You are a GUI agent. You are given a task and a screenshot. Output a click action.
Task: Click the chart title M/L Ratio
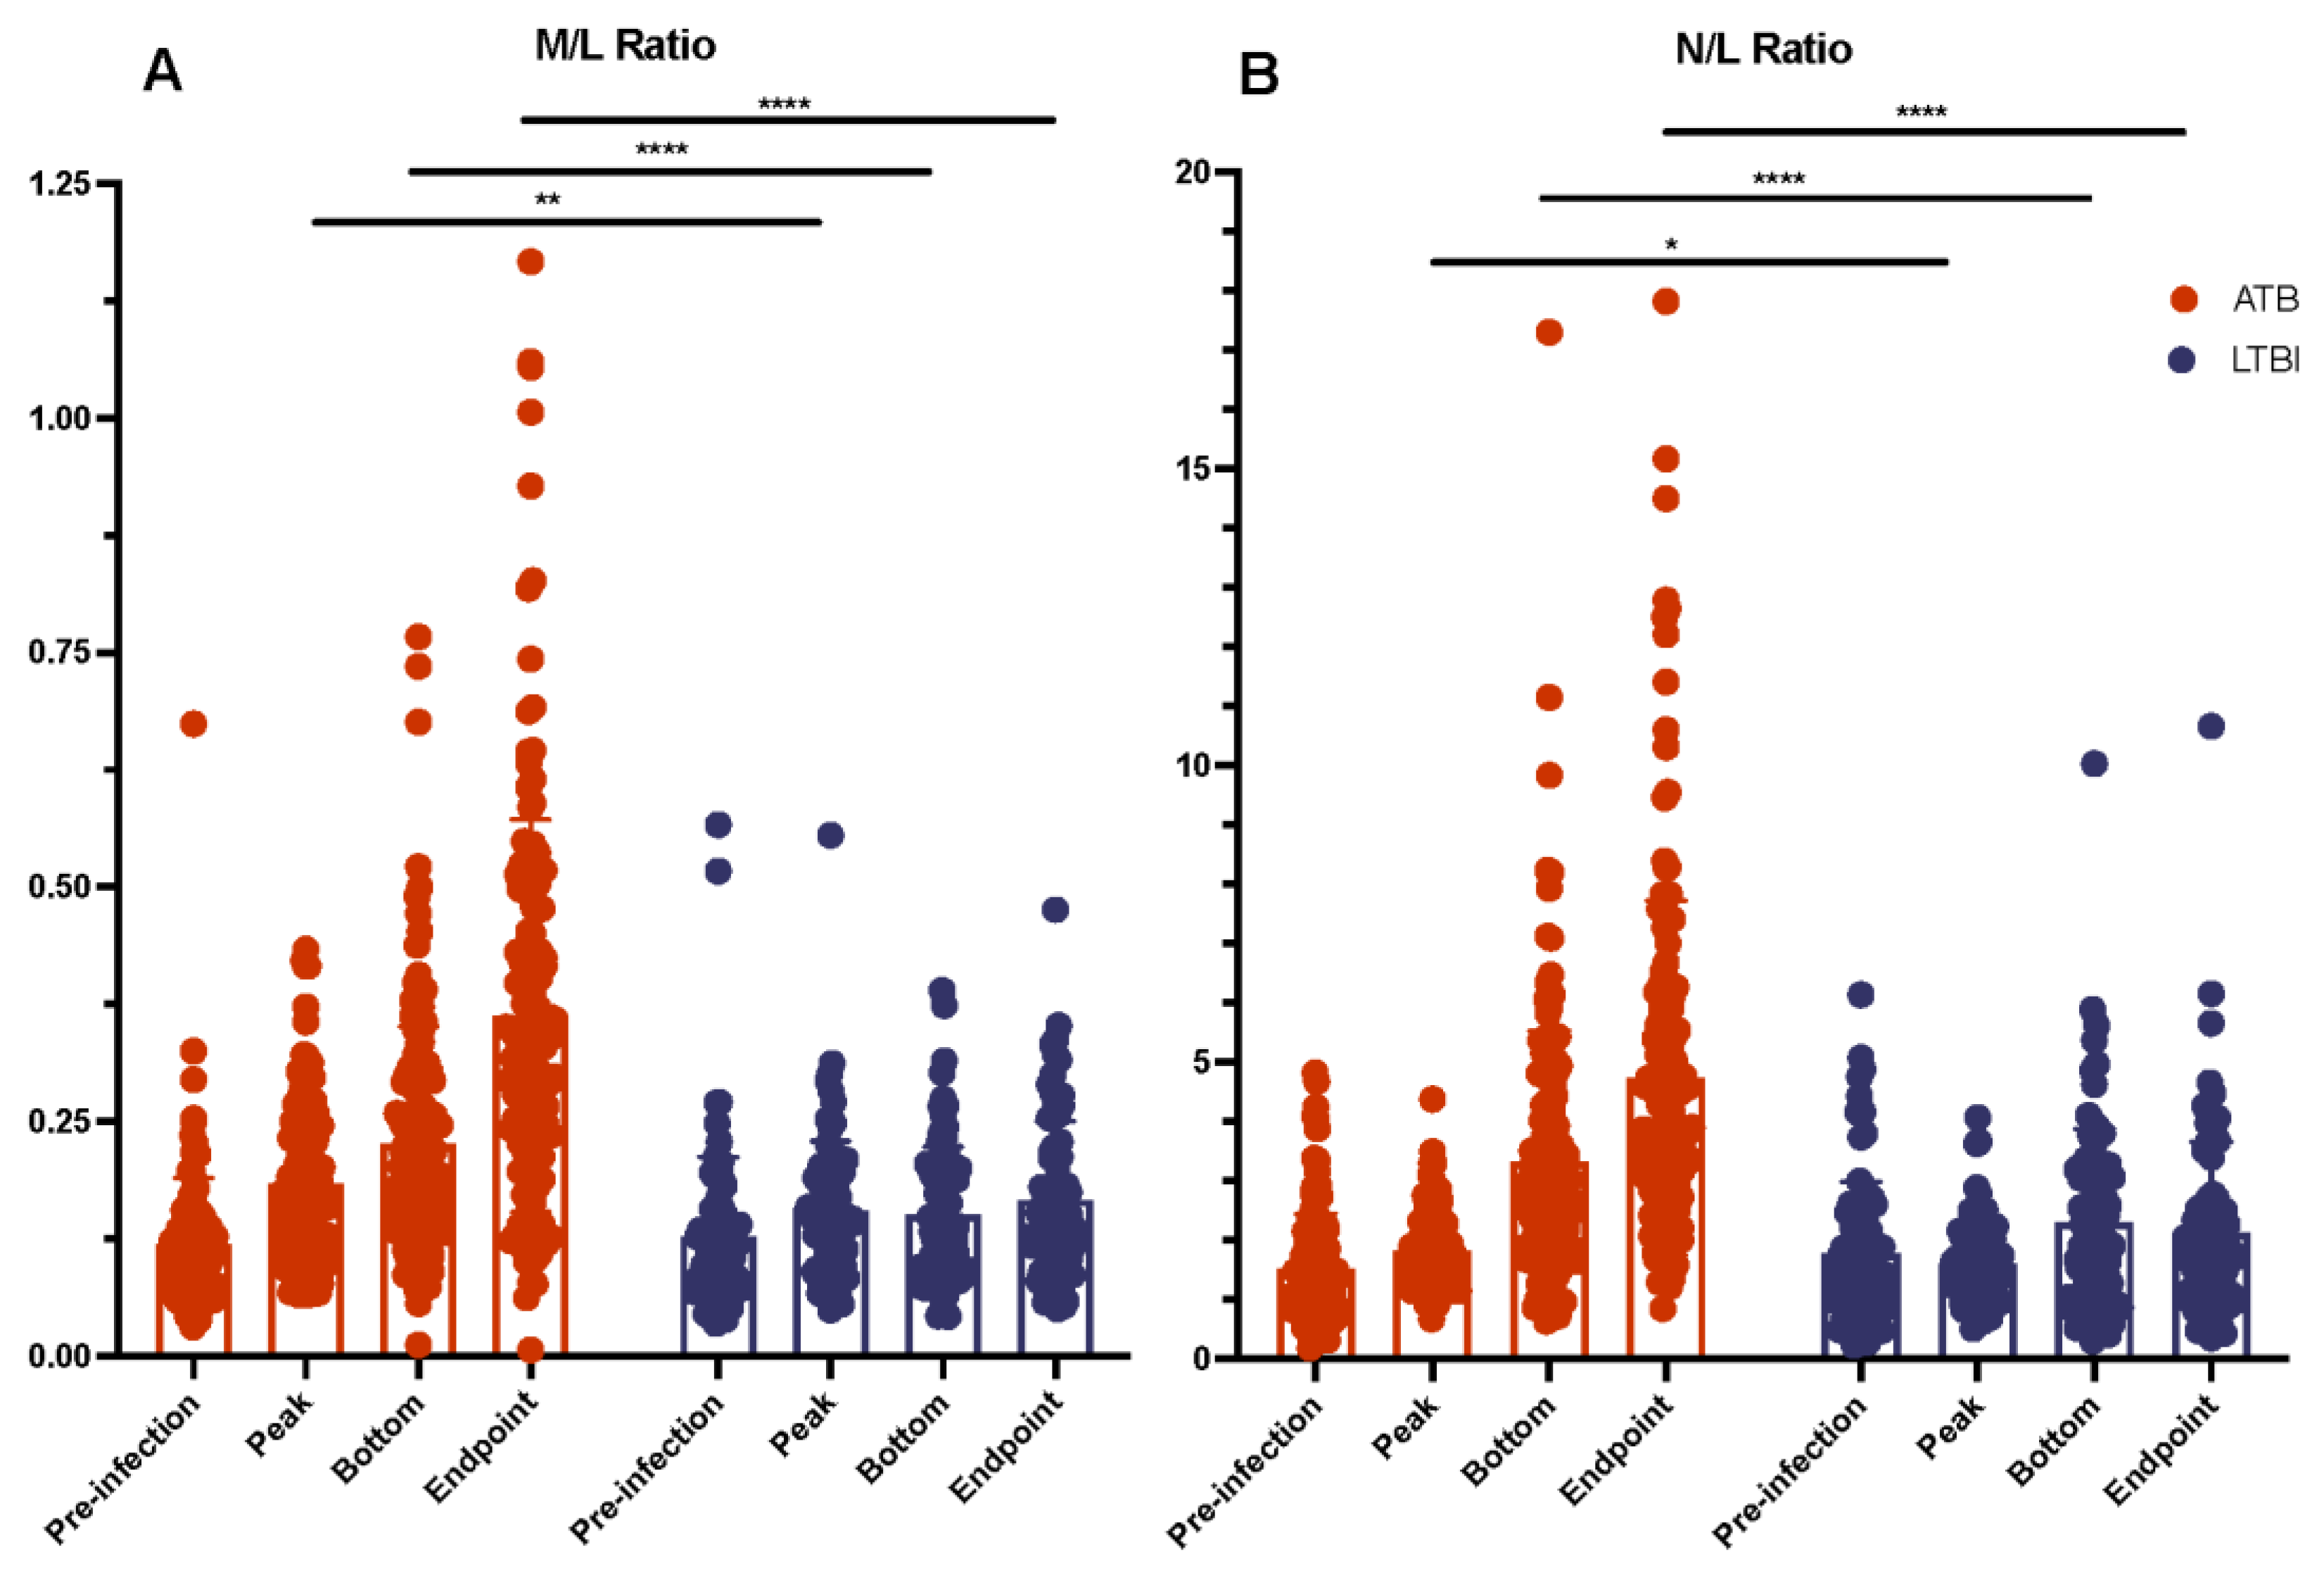click(625, 46)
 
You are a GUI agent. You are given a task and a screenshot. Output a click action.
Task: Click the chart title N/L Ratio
click(1763, 49)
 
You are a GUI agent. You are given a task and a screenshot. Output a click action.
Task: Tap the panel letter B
click(1258, 75)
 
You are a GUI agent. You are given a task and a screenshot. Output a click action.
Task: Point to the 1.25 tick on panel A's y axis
click(60, 184)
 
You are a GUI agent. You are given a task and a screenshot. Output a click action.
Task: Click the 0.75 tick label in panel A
click(60, 652)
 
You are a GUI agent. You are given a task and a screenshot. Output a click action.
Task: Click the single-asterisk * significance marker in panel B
click(1671, 245)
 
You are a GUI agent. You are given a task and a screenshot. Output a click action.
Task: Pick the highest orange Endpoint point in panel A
click(530, 262)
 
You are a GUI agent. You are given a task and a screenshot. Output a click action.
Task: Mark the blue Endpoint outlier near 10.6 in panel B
click(2211, 727)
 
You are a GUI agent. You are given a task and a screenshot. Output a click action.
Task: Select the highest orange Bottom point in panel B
click(1549, 333)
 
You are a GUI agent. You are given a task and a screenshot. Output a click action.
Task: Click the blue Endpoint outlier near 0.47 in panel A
click(1055, 910)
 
